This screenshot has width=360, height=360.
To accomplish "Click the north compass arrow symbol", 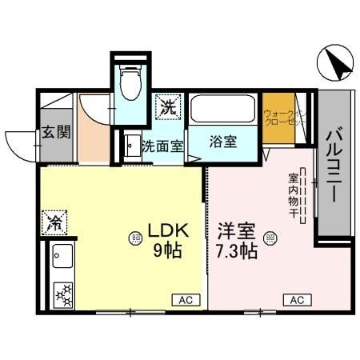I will [335, 64].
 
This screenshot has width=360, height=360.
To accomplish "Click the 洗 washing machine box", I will [168, 106].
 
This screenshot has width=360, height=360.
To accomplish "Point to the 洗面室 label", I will [163, 146].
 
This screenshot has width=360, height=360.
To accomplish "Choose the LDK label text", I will [167, 233].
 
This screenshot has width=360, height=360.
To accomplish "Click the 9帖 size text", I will [167, 250].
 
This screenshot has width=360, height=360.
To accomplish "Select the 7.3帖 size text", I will [236, 251].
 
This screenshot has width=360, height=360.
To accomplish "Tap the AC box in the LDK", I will [183, 300].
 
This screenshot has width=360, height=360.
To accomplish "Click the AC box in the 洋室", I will [296, 300].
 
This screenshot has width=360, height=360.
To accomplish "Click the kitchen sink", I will [62, 258].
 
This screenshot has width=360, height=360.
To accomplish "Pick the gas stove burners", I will [62, 294].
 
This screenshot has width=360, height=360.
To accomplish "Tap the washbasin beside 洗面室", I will [130, 147].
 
